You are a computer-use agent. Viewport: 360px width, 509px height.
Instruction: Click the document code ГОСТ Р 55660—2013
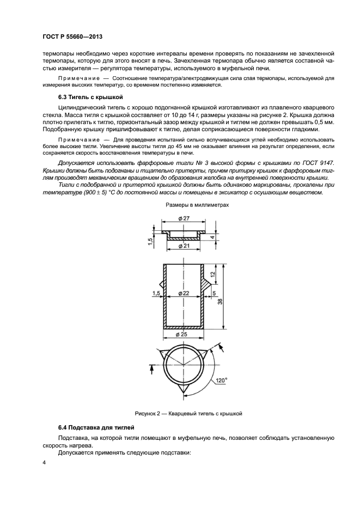(72, 36)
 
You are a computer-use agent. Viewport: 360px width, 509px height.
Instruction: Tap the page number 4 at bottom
(44, 463)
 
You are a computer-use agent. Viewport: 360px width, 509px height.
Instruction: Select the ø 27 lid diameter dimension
(184, 219)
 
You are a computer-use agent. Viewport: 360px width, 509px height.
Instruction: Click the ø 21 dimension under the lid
(184, 247)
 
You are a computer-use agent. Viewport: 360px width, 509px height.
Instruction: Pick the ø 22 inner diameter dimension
(184, 293)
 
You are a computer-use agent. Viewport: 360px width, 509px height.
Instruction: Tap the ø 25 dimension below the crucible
(184, 334)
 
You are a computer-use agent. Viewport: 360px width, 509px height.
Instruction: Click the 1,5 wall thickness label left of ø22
(157, 293)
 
